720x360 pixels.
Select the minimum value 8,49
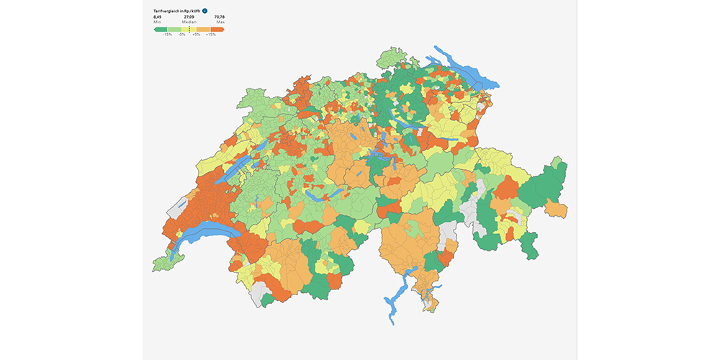tap(158, 17)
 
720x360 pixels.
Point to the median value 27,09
tap(189, 17)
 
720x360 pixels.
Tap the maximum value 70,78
tap(219, 17)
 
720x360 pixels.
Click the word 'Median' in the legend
tap(189, 22)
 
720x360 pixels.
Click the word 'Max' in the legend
tap(220, 22)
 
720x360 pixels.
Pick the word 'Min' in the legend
tap(157, 22)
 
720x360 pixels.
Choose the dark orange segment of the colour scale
tap(217, 29)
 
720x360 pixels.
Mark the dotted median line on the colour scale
tap(189, 29)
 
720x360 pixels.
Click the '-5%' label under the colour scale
tap(182, 35)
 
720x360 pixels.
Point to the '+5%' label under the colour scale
tap(197, 35)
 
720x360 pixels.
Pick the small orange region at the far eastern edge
tap(555, 209)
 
